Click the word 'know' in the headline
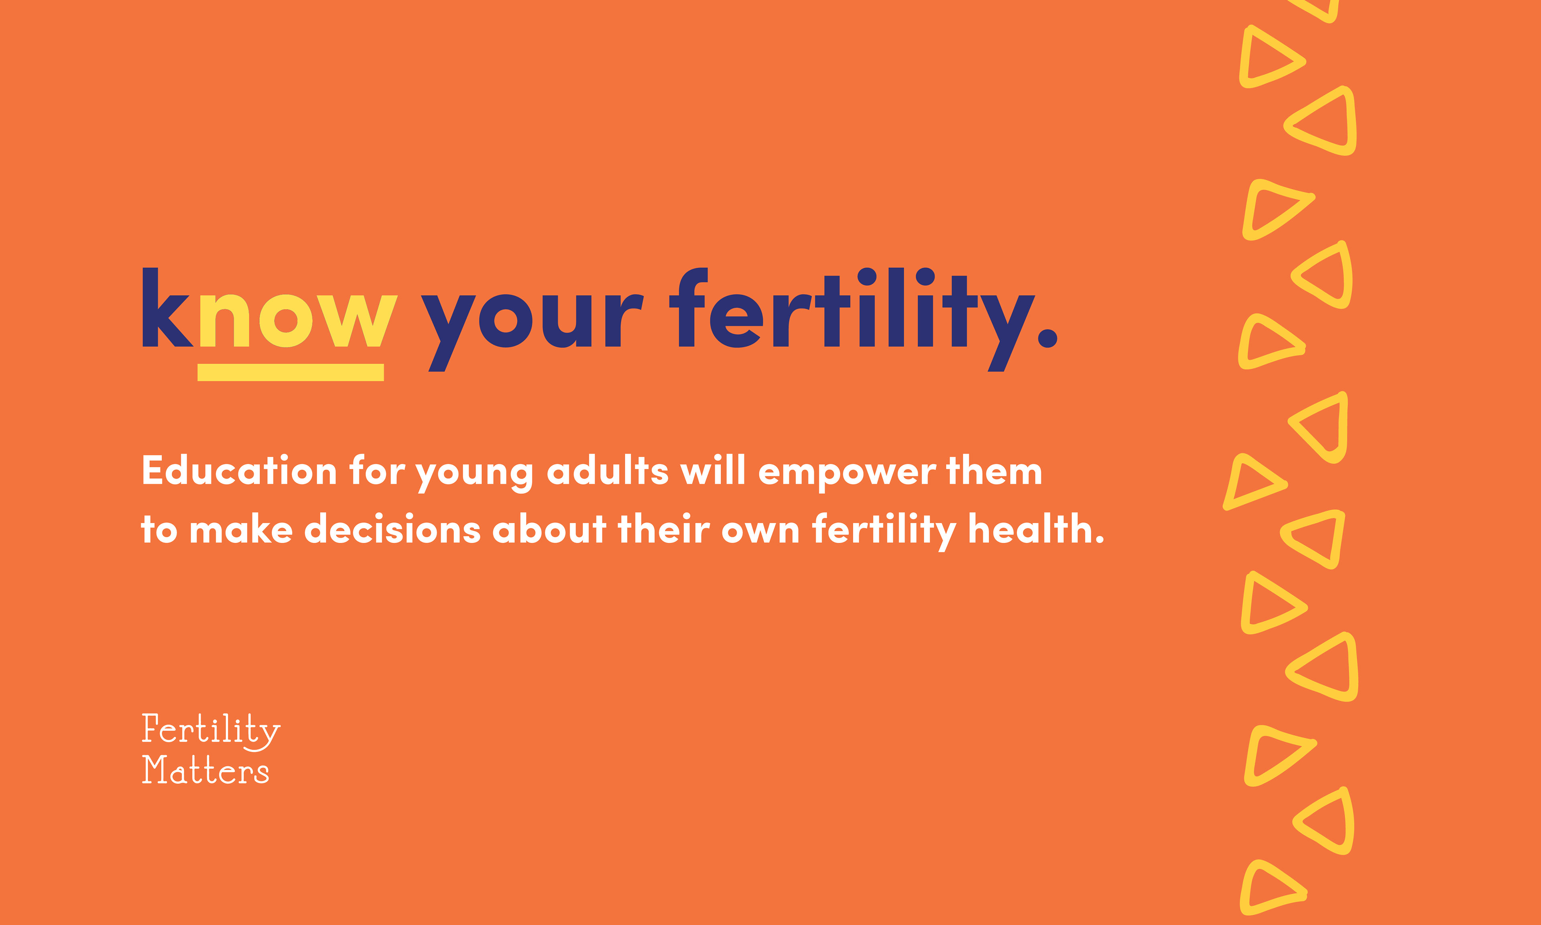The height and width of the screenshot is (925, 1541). [x=270, y=307]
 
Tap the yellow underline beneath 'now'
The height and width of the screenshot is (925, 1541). [x=290, y=372]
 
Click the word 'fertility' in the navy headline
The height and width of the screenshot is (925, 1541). [x=852, y=319]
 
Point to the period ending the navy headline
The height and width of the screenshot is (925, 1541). [x=1048, y=338]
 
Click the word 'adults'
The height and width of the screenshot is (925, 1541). [x=608, y=470]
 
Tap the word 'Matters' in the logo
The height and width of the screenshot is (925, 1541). [x=205, y=770]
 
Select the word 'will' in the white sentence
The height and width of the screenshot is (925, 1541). [x=713, y=470]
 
